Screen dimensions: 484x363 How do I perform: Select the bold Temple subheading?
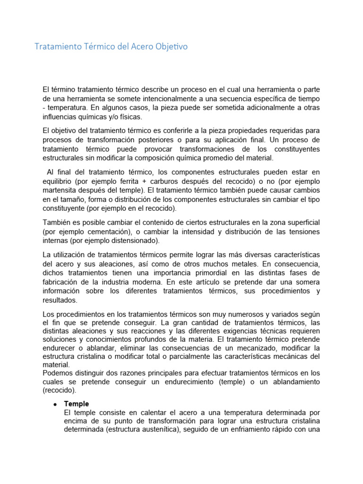(x=76, y=404)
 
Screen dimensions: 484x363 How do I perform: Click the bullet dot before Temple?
(x=55, y=405)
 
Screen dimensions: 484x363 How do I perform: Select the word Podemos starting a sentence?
(x=57, y=373)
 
